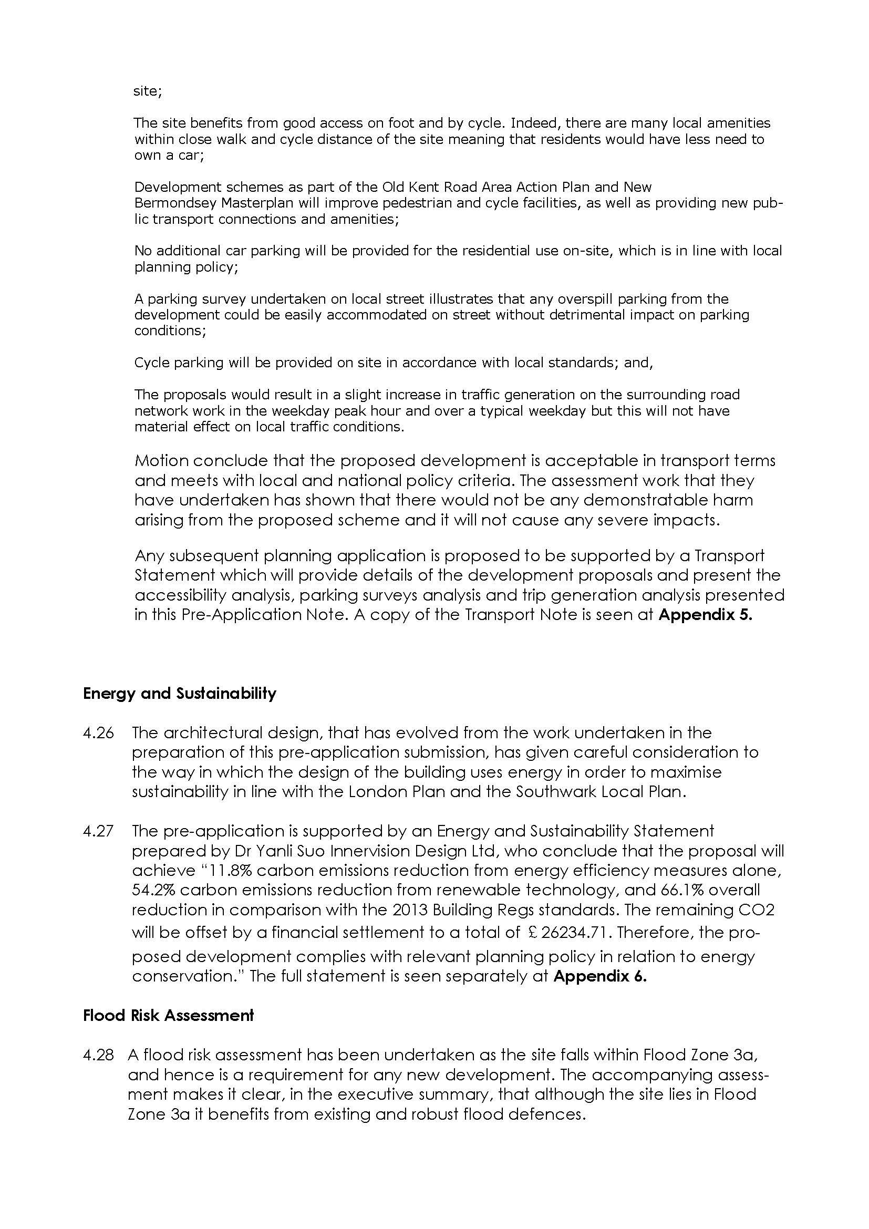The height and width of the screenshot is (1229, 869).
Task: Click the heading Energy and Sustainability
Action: pyautogui.click(x=180, y=694)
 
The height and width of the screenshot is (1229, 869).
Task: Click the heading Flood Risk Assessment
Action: pyautogui.click(x=168, y=1016)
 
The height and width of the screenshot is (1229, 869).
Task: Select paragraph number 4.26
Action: pyautogui.click(x=98, y=733)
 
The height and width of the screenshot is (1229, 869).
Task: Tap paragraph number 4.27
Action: pyautogui.click(x=98, y=831)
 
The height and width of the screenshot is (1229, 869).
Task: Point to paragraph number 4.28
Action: pyautogui.click(x=98, y=1055)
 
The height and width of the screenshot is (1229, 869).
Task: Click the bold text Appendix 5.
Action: pyautogui.click(x=705, y=615)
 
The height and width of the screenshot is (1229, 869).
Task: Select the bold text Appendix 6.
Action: pyautogui.click(x=600, y=976)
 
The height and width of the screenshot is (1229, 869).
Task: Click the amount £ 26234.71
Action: pyautogui.click(x=569, y=933)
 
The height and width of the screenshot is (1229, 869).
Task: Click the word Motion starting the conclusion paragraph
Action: pyautogui.click(x=161, y=461)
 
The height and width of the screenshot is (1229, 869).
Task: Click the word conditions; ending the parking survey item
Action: pyautogui.click(x=170, y=331)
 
